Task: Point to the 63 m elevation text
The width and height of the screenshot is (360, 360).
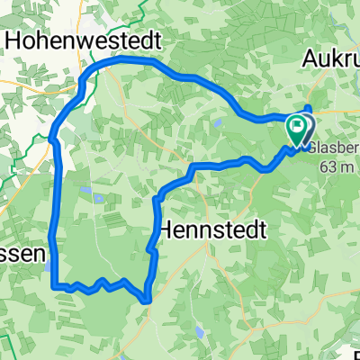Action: pyautogui.click(x=337, y=166)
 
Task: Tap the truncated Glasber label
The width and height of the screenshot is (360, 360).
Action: pyautogui.click(x=334, y=147)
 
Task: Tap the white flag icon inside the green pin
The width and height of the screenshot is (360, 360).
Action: pyautogui.click(x=297, y=126)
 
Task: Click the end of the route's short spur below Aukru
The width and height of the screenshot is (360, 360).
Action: pyautogui.click(x=310, y=109)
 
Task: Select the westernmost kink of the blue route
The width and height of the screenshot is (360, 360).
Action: pyautogui.click(x=49, y=139)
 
